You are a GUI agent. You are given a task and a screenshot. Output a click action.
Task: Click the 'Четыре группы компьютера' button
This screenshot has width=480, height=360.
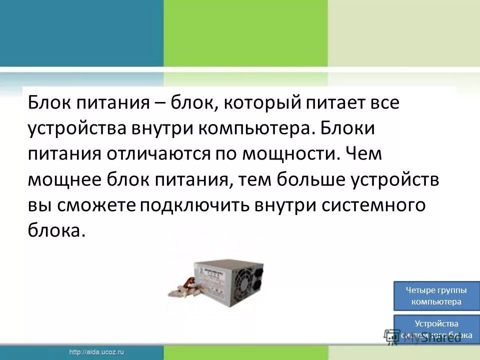coord(436,296)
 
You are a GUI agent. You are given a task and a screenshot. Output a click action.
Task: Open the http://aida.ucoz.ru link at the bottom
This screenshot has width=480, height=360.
coord(97,352)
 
